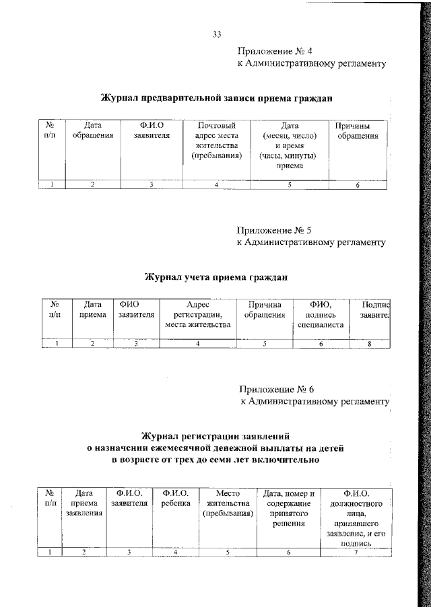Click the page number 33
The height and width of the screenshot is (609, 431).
(x=217, y=34)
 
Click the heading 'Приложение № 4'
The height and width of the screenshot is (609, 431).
(x=276, y=51)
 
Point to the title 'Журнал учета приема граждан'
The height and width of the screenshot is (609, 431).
(x=217, y=277)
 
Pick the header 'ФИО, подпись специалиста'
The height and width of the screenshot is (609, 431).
(x=321, y=314)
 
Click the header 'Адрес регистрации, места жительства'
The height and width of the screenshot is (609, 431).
(x=198, y=314)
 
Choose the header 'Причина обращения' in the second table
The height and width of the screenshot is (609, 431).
(x=265, y=309)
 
